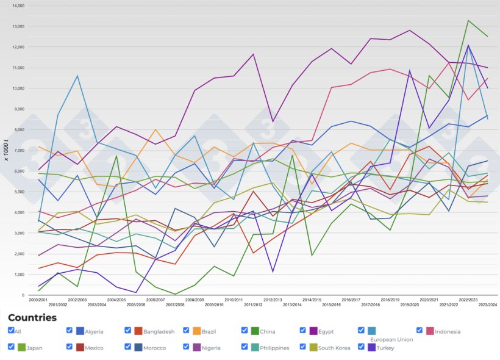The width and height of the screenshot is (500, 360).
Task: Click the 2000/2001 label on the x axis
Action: tap(38, 300)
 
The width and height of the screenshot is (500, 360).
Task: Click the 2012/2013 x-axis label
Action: tap(273, 300)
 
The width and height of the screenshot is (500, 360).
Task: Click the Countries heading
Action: tap(32, 317)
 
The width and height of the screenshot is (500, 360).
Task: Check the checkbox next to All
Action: tap(12, 330)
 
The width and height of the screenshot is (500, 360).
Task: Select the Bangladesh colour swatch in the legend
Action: tap(139, 331)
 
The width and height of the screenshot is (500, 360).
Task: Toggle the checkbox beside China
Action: tap(245, 330)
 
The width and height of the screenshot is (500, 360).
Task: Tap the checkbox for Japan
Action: tap(12, 346)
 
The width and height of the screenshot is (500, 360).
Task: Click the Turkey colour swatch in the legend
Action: tap(372, 347)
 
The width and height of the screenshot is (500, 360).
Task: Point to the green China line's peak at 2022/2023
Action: tap(468, 20)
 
